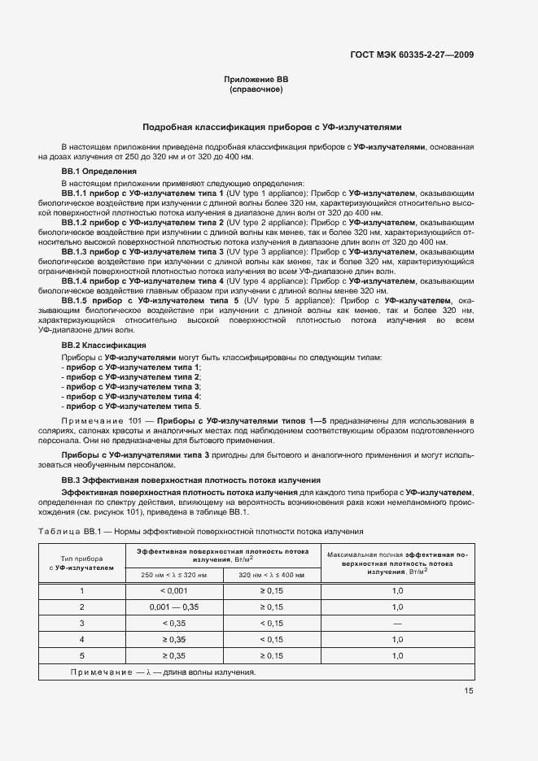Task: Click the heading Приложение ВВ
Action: tap(256, 79)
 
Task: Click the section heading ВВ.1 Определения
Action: tap(94, 172)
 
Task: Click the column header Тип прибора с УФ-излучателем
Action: tap(81, 563)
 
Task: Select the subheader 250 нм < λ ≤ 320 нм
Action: tap(173, 575)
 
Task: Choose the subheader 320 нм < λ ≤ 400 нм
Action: tap(271, 575)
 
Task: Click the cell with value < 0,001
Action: tap(173, 591)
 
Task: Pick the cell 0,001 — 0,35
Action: tap(173, 607)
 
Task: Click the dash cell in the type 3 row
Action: tap(397, 623)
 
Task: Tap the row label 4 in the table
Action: tap(81, 639)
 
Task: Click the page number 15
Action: tap(470, 691)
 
